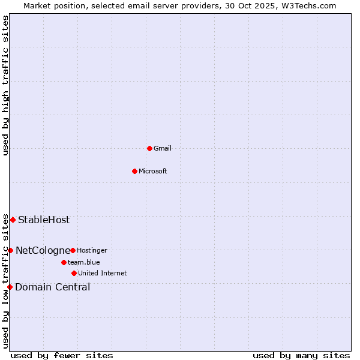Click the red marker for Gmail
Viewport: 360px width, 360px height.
pos(149,148)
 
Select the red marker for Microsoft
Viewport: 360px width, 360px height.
pos(134,171)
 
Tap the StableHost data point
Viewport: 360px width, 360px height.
pos(13,220)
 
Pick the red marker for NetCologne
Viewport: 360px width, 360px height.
pos(10,250)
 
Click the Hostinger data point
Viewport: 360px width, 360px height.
pos(73,250)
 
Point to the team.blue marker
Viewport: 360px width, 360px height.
pos(64,262)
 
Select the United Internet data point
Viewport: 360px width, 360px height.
pos(74,273)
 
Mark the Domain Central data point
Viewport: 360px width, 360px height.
pos(10,287)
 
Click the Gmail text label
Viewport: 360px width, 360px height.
pos(163,148)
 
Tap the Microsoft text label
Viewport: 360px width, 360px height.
pos(152,171)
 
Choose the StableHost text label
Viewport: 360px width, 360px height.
pos(44,220)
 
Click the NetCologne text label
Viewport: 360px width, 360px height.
pos(43,250)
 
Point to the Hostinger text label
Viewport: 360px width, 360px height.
pos(92,250)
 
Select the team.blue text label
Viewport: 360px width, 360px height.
pos(83,262)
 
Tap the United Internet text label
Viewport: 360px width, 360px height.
pos(102,273)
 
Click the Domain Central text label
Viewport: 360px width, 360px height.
pos(53,287)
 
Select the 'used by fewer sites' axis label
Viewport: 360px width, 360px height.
pos(62,355)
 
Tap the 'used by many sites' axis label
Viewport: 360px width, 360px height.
pos(301,355)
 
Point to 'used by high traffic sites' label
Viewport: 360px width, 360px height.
pos(5,85)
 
